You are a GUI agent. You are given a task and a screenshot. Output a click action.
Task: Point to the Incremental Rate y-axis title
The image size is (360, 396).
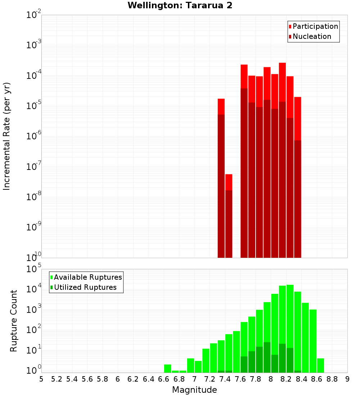(x=7, y=136)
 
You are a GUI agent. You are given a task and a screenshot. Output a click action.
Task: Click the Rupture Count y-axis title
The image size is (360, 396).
(x=14, y=320)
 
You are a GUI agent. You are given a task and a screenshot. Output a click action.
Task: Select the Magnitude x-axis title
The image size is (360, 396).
(x=194, y=390)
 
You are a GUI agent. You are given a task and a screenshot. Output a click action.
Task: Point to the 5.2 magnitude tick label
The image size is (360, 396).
(x=57, y=379)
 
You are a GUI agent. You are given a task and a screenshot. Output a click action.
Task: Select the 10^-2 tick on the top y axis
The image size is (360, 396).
(x=34, y=15)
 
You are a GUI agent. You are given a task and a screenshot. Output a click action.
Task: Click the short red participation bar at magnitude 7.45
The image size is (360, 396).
(x=229, y=182)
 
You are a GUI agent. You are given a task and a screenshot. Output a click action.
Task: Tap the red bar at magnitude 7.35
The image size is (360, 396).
(x=221, y=107)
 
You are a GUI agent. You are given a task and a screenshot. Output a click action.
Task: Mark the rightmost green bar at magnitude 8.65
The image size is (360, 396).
(x=321, y=365)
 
